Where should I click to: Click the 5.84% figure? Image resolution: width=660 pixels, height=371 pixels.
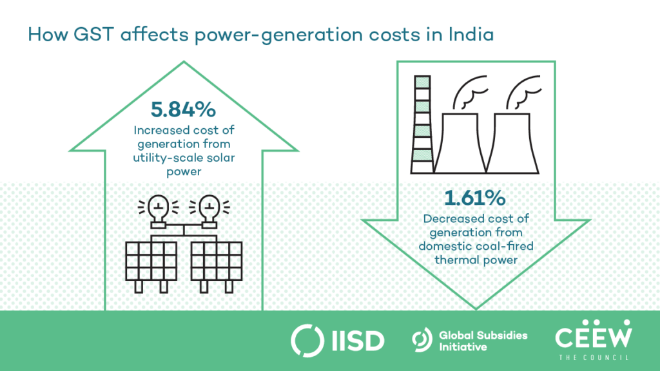click(182, 110)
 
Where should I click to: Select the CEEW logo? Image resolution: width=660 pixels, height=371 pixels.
click(594, 334)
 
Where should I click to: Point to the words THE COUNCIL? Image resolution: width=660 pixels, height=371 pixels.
click(594, 357)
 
